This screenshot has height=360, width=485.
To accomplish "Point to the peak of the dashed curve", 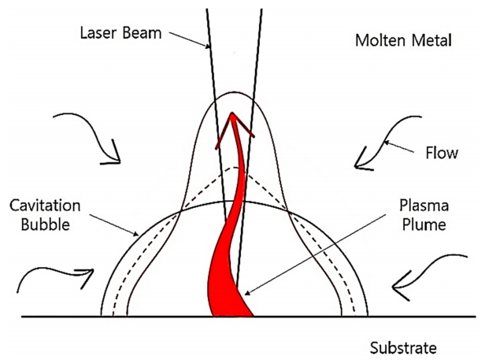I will click(232, 166).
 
